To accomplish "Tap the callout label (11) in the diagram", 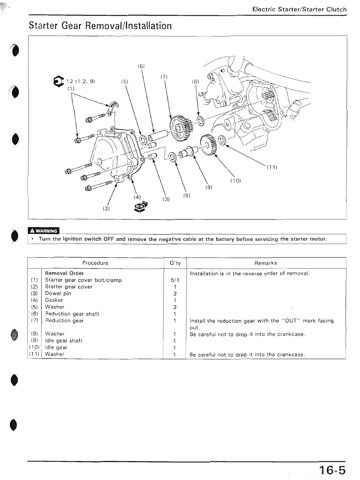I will [x=272, y=167].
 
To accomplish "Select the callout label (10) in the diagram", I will [x=235, y=181].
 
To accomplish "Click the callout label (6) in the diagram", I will [x=142, y=67].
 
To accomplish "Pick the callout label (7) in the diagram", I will [x=165, y=77].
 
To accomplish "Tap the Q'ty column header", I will [x=175, y=263].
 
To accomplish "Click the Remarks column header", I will [x=266, y=263].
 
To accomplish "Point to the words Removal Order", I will [x=64, y=273].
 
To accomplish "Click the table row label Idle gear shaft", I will [x=64, y=341].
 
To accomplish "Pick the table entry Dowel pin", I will [x=58, y=293].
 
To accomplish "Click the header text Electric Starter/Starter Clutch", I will [x=299, y=9].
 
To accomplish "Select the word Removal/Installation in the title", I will [x=128, y=26].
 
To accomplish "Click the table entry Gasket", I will [x=54, y=300].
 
